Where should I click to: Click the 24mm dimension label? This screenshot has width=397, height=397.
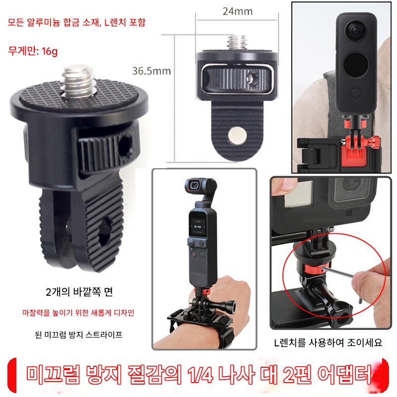tap(238, 11)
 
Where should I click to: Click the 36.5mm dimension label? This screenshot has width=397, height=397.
tap(151, 71)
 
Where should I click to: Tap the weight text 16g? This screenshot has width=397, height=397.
tap(50, 52)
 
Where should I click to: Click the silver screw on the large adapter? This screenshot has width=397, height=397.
tap(78, 80)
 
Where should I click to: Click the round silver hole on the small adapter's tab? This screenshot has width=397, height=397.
tap(237, 134)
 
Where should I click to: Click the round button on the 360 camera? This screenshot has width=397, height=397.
tap(355, 93)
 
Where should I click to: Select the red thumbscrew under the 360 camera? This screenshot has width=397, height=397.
tap(371, 143)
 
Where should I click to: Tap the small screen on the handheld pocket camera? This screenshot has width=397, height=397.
tap(198, 226)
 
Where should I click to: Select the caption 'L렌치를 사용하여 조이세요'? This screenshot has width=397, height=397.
tap(328, 342)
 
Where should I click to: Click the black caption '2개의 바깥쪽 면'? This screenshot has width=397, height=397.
tap(79, 292)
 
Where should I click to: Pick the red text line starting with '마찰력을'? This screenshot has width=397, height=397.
tap(78, 313)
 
